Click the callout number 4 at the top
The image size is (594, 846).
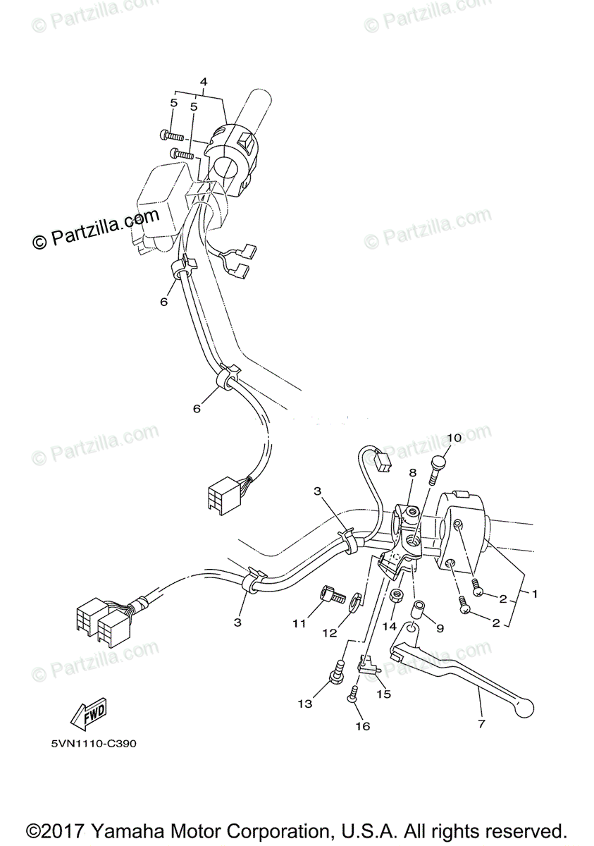204,82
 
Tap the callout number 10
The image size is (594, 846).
454,438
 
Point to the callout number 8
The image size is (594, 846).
412,473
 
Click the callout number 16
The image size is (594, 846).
363,726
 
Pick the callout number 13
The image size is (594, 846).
304,704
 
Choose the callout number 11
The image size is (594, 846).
300,623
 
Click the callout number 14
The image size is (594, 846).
390,625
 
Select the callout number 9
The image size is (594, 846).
440,627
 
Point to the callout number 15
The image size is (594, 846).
383,694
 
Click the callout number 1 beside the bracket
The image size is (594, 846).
535,594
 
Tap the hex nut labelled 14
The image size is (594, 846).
396,596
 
